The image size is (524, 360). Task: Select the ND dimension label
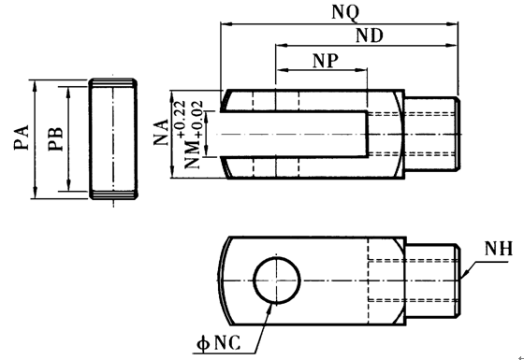tap(370, 36)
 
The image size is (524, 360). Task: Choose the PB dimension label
tap(55, 138)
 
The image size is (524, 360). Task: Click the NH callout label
tap(497, 250)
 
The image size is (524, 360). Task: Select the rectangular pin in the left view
tap(114, 138)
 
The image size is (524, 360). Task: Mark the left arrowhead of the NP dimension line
tap(280, 70)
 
